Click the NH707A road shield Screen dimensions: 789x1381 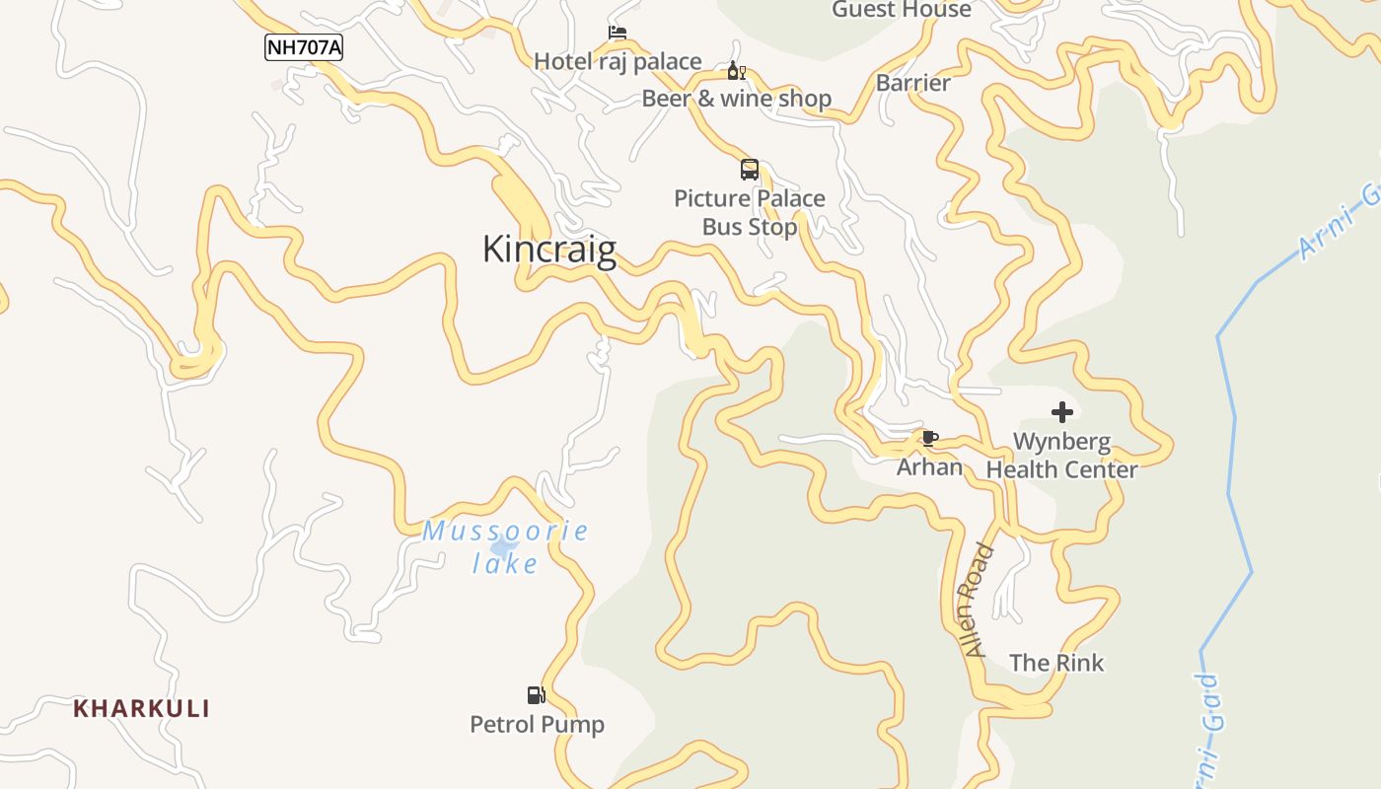[303, 46]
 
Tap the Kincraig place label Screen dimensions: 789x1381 [548, 249]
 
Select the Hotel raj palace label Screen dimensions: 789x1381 [618, 62]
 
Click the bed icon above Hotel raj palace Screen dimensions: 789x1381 [618, 34]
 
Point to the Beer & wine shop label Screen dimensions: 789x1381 [736, 99]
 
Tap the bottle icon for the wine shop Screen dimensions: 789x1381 [736, 71]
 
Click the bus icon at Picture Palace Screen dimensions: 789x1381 [750, 170]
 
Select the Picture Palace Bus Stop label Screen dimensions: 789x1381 [750, 212]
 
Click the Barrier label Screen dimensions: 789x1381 [912, 83]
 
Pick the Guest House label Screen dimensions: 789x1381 [901, 10]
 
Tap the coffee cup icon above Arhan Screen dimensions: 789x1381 [929, 438]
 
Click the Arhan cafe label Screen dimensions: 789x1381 [929, 466]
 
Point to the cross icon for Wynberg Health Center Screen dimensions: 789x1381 [1062, 412]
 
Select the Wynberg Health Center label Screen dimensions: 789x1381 [1061, 455]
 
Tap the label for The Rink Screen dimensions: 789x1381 [1056, 663]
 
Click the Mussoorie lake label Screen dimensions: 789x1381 [505, 547]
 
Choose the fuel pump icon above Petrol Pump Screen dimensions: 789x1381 [536, 695]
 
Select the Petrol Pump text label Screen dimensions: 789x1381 [537, 725]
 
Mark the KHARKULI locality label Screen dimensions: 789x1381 [141, 708]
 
